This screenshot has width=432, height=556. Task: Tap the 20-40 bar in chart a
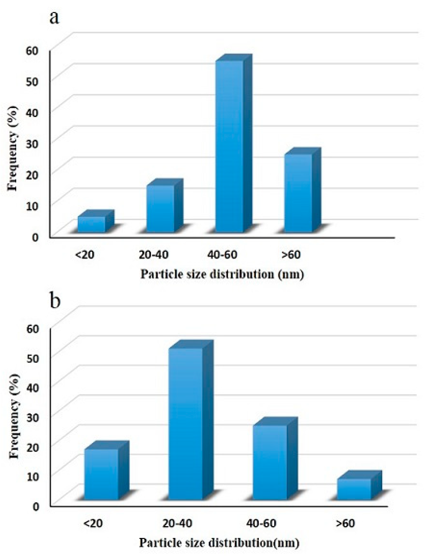[x=160, y=209]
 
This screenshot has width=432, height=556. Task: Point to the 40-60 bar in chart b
[x=270, y=462]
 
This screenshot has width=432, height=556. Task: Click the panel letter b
[x=55, y=300]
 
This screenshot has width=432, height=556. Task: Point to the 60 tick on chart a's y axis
[x=32, y=50]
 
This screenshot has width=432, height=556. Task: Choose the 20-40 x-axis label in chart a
[x=154, y=254]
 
